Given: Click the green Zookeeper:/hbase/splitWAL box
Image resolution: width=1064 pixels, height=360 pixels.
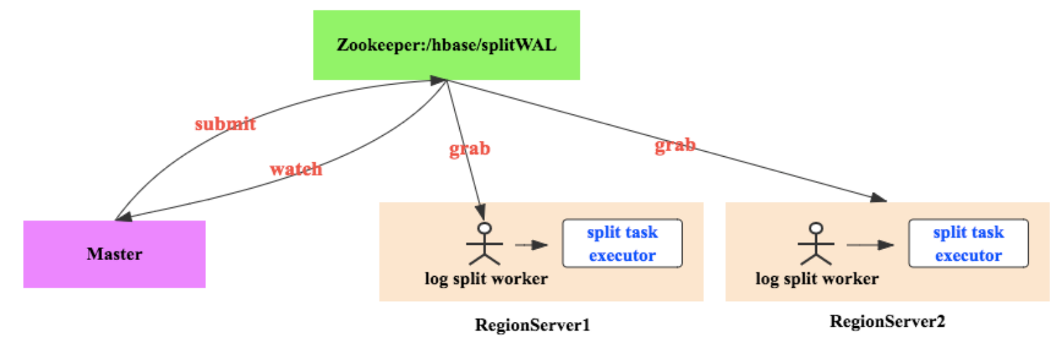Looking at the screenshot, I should point(446,45).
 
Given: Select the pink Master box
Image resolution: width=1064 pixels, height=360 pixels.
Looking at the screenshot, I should point(114,254).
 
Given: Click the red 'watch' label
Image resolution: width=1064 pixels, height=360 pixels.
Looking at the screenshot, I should point(295,169).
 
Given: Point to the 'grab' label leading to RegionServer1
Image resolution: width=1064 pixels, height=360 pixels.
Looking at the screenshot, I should point(470,148).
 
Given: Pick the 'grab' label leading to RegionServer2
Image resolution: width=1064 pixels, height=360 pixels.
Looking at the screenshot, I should point(675,146).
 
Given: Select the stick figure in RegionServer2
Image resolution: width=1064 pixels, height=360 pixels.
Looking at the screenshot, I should point(816,244).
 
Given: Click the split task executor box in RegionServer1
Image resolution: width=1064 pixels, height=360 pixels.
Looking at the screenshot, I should point(621,243).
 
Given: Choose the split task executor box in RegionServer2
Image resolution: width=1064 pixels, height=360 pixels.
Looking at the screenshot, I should point(968,243).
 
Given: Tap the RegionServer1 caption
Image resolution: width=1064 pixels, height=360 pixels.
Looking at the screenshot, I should point(532,325).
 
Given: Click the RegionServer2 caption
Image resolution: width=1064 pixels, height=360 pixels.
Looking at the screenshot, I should point(887,321).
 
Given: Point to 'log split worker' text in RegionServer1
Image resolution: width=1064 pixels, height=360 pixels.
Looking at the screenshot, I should point(486,279).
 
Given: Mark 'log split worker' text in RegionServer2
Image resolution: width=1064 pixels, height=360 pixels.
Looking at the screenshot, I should point(816,279).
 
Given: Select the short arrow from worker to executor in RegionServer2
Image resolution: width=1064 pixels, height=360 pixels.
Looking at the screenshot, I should point(870,245).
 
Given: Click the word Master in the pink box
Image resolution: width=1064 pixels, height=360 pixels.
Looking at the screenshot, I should point(114,254).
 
